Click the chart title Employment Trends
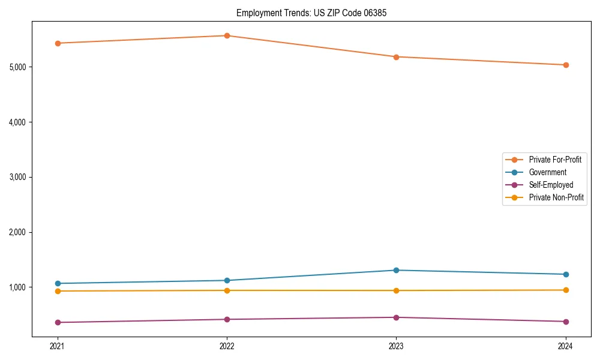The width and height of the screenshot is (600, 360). (x=307, y=13)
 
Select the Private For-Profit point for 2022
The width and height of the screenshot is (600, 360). (x=227, y=35)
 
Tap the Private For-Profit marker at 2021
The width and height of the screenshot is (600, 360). (x=58, y=43)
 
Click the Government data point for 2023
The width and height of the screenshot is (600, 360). (x=396, y=270)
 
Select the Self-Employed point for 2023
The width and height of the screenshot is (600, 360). (x=396, y=317)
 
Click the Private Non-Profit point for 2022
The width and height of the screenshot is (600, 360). (x=227, y=290)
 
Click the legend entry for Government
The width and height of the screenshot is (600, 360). (x=547, y=172)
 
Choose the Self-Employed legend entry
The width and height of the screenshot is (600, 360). (x=551, y=185)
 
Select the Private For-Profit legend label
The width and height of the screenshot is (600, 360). (x=554, y=160)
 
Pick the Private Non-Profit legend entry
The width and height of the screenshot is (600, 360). (x=556, y=197)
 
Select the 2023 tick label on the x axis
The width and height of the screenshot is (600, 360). (x=396, y=346)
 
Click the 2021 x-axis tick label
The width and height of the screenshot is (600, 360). (x=58, y=346)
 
